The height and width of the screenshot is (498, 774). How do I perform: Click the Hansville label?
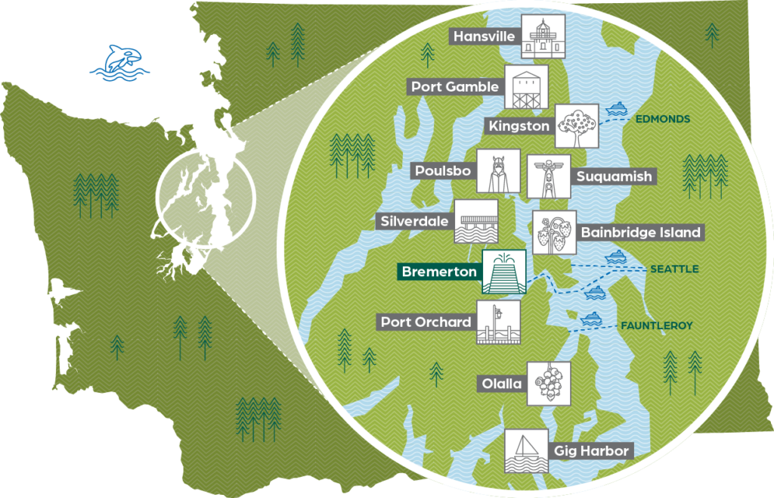tap(485, 36)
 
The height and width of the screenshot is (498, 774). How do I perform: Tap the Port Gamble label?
tap(455, 86)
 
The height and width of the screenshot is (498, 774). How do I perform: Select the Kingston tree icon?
tap(576, 125)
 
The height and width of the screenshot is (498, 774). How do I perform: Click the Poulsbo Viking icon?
tap(498, 170)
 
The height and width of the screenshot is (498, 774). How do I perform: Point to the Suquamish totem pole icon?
tap(546, 177)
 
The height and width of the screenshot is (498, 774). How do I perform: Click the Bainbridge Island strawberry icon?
tap(554, 232)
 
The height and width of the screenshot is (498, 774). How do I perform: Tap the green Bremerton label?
tap(439, 271)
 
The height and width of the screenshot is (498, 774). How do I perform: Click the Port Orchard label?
tap(426, 322)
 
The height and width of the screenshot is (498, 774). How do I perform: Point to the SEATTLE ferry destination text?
tap(674, 269)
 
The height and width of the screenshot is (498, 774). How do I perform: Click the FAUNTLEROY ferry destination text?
tap(657, 326)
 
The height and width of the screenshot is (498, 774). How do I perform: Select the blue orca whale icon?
tap(119, 62)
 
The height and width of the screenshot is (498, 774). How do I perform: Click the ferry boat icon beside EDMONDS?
tap(617, 109)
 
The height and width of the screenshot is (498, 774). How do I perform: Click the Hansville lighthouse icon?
tap(543, 36)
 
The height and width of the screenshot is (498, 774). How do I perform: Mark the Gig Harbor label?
tap(592, 451)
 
